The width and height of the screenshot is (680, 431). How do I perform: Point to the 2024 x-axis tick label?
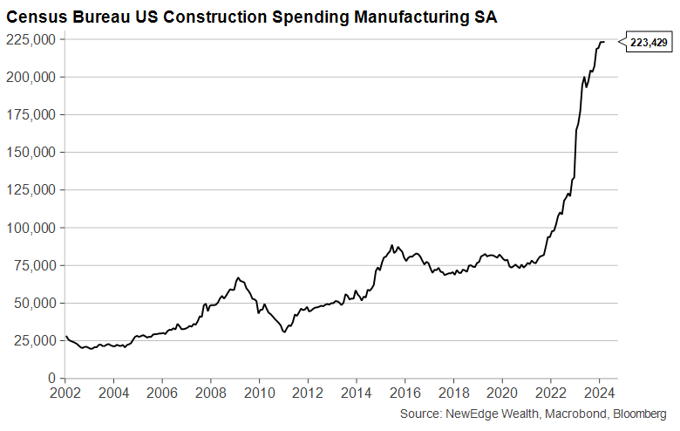coord(600,393)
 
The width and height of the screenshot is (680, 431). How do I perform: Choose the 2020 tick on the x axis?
coord(502,393)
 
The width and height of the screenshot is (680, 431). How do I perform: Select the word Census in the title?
coord(34,17)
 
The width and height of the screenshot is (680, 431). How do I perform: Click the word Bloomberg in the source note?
coord(637,413)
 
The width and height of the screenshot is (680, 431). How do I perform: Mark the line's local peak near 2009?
coord(238,277)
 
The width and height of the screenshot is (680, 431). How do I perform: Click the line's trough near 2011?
coord(284,332)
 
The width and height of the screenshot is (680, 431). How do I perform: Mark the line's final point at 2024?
coord(604,42)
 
